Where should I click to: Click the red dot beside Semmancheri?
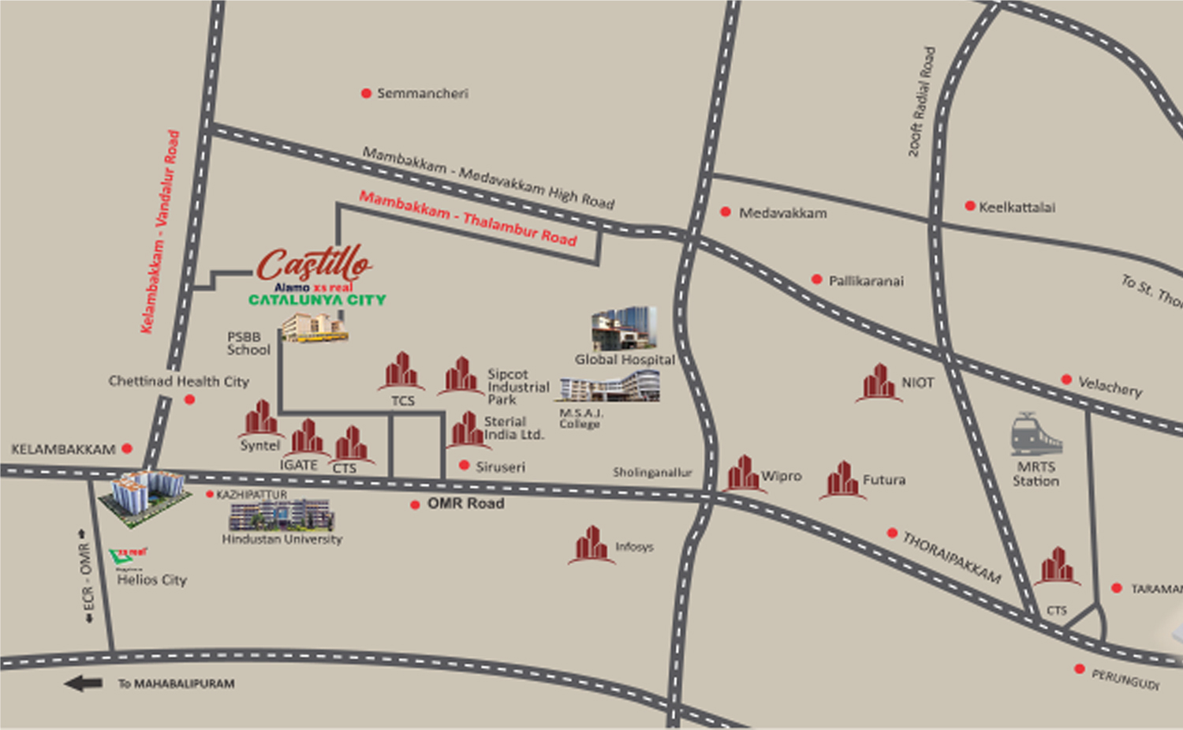(366, 93)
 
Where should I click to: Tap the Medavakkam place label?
(782, 213)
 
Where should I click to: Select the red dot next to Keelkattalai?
(970, 206)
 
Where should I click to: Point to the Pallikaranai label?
(866, 281)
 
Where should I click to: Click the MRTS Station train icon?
(1036, 433)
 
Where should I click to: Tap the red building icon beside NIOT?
(879, 383)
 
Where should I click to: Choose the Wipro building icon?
(742, 474)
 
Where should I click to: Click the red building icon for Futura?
(842, 479)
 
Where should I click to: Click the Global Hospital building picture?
(624, 329)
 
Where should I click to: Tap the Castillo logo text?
(314, 263)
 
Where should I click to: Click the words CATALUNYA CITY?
(317, 300)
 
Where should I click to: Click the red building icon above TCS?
(401, 371)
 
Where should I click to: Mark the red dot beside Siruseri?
(465, 466)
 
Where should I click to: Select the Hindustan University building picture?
(282, 515)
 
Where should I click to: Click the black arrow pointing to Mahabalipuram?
(84, 683)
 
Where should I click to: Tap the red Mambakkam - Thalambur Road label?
(468, 218)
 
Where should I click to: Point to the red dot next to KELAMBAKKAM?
(127, 448)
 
